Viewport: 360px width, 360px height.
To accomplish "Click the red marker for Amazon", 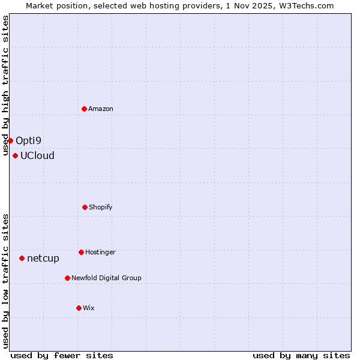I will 85,109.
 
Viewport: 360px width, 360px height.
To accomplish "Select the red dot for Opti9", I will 10,140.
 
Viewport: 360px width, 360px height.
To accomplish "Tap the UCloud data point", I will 15,155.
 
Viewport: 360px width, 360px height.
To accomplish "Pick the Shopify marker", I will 85,207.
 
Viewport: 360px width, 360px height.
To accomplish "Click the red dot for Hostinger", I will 81,252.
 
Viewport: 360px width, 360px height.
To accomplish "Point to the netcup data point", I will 22,258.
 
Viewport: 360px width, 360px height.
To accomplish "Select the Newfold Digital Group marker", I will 67,278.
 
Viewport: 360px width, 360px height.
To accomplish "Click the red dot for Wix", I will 79,308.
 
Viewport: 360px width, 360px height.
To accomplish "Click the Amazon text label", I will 101,109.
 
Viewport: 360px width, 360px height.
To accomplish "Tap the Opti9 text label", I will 28,141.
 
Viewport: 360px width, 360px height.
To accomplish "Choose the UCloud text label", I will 37,156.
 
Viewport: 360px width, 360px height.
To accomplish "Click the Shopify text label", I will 101,207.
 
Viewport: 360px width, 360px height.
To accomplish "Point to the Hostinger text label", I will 100,252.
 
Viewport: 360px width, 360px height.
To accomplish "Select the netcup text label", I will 43,259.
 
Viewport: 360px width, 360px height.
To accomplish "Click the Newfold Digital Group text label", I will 106,278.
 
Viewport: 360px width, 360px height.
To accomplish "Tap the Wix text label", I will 89,308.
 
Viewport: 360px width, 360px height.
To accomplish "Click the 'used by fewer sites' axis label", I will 62,355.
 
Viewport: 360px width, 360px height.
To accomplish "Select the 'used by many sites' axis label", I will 301,355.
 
